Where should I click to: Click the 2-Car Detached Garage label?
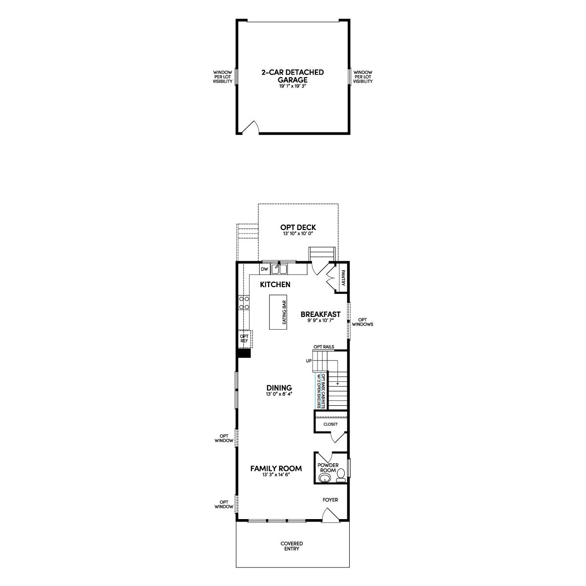[x=293, y=76]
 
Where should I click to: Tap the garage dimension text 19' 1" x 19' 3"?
[x=293, y=86]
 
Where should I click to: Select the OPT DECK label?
[x=298, y=228]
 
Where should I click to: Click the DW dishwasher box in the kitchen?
[x=264, y=269]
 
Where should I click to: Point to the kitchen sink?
[x=279, y=269]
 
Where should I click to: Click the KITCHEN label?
[x=275, y=285]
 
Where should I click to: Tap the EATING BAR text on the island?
[x=284, y=313]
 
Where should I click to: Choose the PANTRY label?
[x=343, y=278]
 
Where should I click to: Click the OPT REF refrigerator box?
[x=244, y=338]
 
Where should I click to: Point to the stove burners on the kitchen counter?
[x=244, y=303]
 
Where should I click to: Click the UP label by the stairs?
[x=309, y=361]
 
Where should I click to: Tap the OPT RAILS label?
[x=324, y=347]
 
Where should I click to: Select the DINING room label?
[x=279, y=388]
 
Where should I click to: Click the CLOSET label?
[x=331, y=424]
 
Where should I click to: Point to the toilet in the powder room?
[x=341, y=476]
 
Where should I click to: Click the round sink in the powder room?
[x=325, y=478]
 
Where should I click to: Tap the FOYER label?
[x=330, y=500]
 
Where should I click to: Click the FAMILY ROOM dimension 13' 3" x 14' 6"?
[x=276, y=475]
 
